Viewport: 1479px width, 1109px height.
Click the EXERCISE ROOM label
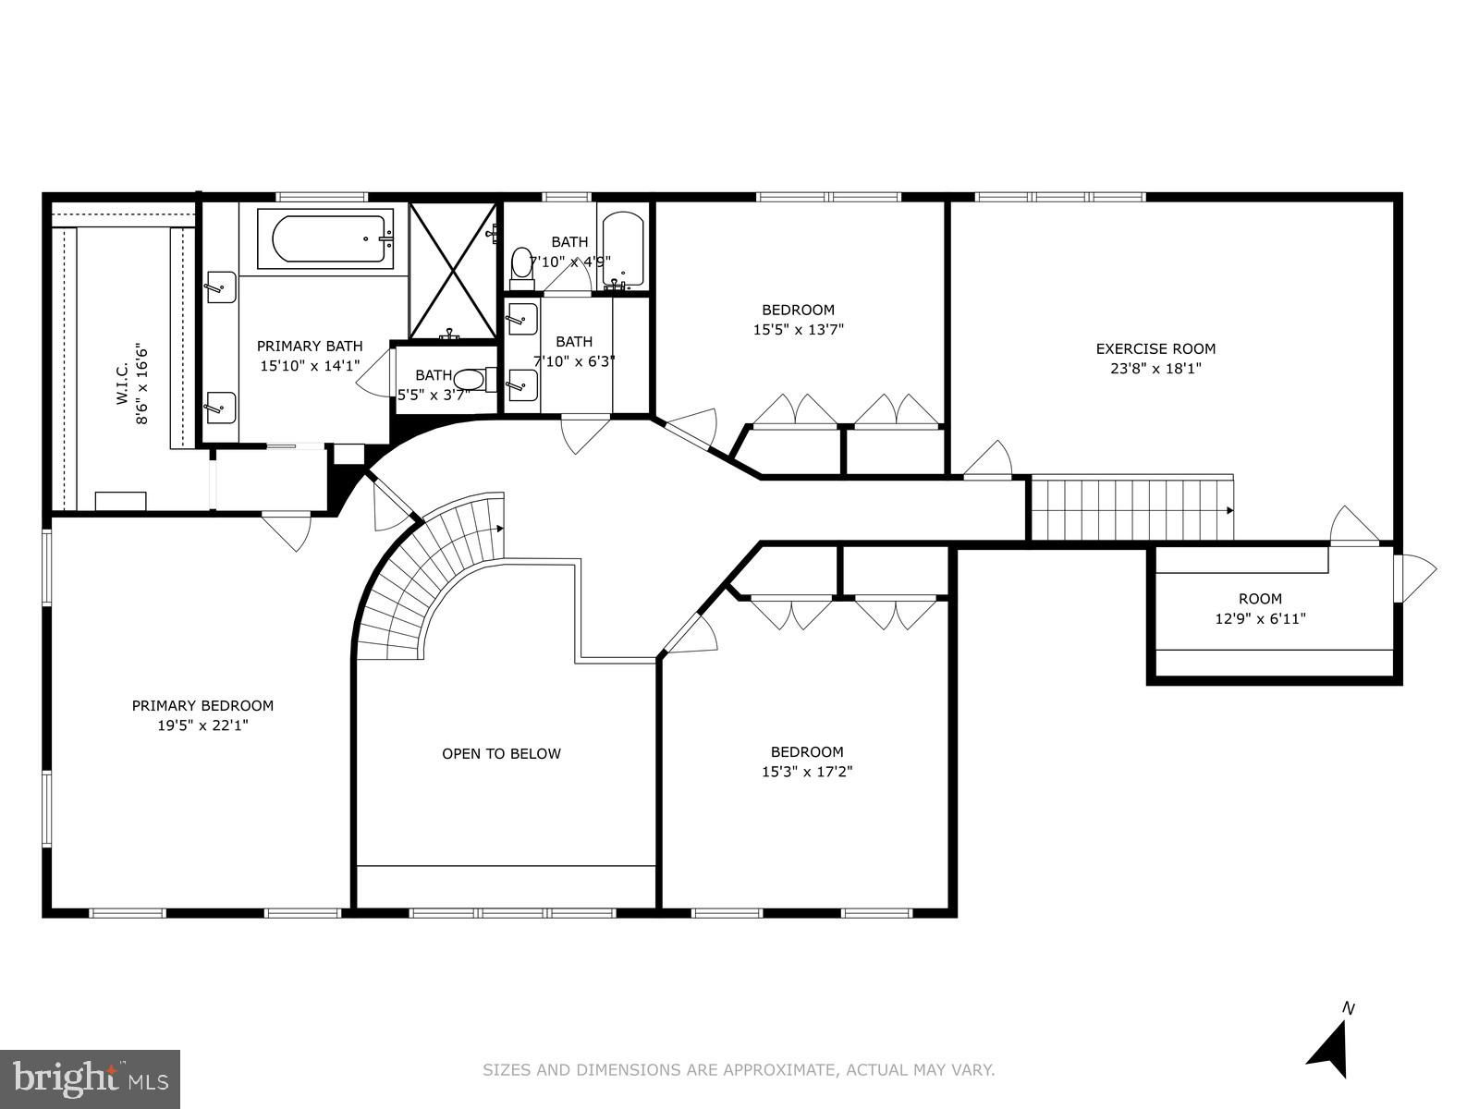click(x=1155, y=348)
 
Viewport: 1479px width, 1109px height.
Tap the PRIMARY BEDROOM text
click(x=202, y=706)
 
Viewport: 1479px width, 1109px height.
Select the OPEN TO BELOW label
click(x=501, y=753)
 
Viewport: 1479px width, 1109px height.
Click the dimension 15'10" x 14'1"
click(x=310, y=366)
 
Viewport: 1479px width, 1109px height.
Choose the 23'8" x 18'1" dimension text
click(x=1155, y=369)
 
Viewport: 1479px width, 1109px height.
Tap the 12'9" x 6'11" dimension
click(x=1260, y=618)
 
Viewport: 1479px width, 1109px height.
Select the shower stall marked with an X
click(x=454, y=271)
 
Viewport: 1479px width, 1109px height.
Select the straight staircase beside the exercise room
click(x=1132, y=509)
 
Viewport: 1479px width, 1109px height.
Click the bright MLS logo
click(x=91, y=1079)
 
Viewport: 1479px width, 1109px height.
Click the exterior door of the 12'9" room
click(x=1413, y=578)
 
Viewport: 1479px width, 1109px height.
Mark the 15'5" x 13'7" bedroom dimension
click(x=799, y=329)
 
